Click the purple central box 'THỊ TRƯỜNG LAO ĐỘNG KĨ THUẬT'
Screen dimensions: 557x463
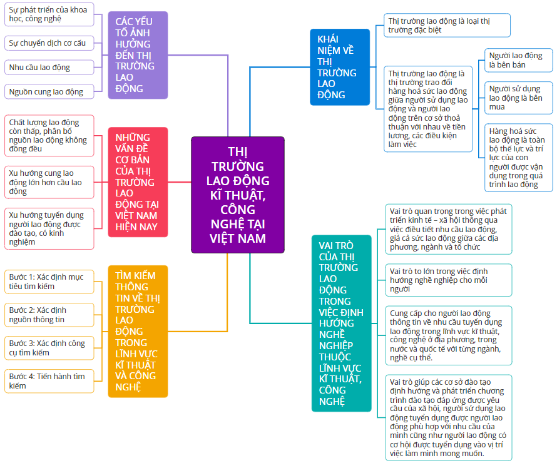[238, 195]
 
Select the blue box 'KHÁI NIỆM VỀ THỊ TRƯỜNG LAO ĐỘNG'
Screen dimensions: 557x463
[340, 67]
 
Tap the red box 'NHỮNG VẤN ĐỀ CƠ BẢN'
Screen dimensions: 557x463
[138, 182]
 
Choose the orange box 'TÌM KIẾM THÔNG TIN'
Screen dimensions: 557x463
[138, 331]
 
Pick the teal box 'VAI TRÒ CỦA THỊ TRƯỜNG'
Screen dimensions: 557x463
[341, 323]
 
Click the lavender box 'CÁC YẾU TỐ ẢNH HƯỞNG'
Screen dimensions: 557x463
[138, 55]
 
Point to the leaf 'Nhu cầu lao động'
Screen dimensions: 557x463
[49, 68]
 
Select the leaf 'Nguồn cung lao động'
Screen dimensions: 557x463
[49, 92]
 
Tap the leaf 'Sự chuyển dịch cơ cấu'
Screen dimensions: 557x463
[49, 43]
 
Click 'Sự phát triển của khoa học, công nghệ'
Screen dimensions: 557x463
[49, 14]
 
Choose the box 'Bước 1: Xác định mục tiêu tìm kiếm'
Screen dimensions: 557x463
[49, 282]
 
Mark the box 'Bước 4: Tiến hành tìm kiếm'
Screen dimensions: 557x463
[49, 381]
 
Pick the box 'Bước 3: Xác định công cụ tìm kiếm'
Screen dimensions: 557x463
[49, 348]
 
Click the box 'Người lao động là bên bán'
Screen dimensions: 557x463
[519, 60]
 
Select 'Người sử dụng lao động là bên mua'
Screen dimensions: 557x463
[519, 98]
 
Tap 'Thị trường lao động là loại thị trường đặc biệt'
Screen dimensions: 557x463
[447, 25]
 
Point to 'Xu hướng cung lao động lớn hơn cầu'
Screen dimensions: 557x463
[49, 182]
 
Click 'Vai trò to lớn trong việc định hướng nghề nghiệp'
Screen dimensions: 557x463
[449, 280]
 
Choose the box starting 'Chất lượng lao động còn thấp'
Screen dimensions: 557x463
[49, 136]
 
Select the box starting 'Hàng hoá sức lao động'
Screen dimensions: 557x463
[519, 158]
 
